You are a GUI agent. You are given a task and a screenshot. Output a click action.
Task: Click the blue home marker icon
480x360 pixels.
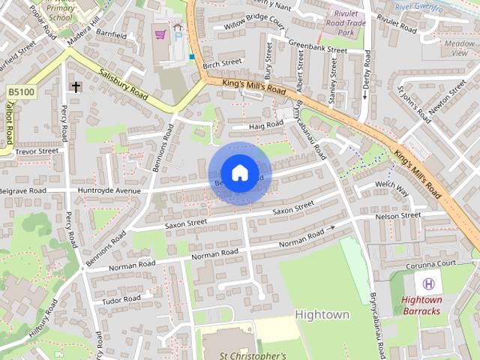239,173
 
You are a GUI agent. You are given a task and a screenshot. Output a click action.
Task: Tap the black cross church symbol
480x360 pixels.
76,87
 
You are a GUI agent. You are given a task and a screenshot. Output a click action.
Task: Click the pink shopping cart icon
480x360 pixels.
160,34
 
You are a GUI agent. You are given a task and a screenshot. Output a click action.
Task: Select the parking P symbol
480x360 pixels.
178,35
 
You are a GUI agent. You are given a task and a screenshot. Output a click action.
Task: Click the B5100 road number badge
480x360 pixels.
20,91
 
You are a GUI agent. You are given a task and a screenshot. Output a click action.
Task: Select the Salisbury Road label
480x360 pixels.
124,81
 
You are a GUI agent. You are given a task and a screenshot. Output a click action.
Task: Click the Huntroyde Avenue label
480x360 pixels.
109,190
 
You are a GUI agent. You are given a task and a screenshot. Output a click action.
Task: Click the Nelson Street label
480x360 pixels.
398,216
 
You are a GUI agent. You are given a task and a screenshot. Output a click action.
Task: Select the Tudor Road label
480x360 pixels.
121,299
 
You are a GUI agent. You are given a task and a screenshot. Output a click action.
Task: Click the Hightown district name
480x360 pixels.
322,314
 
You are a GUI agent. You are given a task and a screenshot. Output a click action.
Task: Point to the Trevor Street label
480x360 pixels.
37,151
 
